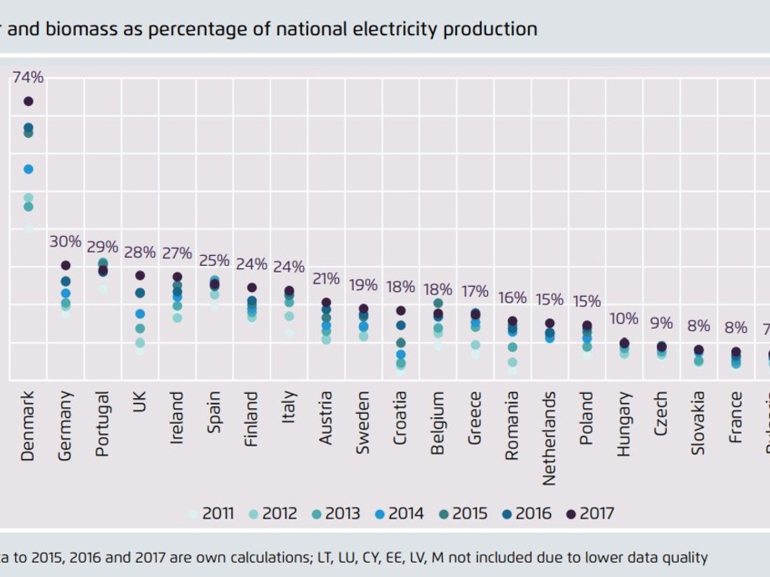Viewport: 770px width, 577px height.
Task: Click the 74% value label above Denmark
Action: pyautogui.click(x=28, y=77)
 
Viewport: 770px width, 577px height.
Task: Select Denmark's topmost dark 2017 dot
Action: pyautogui.click(x=28, y=101)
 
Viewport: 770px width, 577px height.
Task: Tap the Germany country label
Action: pyautogui.click(x=65, y=426)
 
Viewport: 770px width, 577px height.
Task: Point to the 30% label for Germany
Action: pyautogui.click(x=65, y=242)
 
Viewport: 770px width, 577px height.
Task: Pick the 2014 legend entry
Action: pyautogui.click(x=398, y=513)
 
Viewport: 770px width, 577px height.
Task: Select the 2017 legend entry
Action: pyautogui.click(x=589, y=513)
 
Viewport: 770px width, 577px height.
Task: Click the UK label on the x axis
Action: pyautogui.click(x=140, y=401)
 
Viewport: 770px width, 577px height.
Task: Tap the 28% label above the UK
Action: pyautogui.click(x=140, y=253)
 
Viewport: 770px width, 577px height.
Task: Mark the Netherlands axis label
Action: pyautogui.click(x=549, y=438)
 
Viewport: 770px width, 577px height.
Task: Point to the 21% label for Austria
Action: pyautogui.click(x=326, y=278)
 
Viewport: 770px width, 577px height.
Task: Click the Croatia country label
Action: pyautogui.click(x=400, y=418)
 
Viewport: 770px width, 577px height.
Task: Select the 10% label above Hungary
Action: pyautogui.click(x=624, y=319)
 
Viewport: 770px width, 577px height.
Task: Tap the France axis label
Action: pyautogui.click(x=736, y=416)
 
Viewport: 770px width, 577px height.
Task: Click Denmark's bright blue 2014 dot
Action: pyautogui.click(x=28, y=169)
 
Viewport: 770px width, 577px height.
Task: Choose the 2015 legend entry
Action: pyautogui.click(x=462, y=513)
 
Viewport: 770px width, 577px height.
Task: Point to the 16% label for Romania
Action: pyautogui.click(x=512, y=298)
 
